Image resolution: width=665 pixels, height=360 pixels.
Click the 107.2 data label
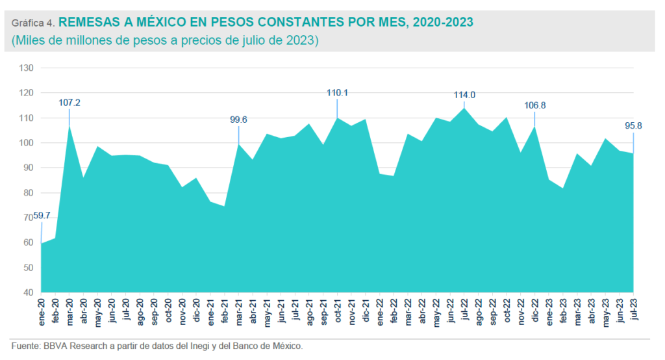69,103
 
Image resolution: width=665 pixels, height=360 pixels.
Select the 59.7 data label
42,216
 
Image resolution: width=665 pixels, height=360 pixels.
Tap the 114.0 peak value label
464,95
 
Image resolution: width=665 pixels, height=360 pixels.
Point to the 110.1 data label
337,93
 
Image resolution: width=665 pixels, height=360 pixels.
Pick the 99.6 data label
240,120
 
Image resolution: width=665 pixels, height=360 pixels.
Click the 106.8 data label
534,105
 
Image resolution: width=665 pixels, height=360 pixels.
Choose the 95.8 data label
633,126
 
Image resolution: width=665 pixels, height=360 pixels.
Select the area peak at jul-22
464,109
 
